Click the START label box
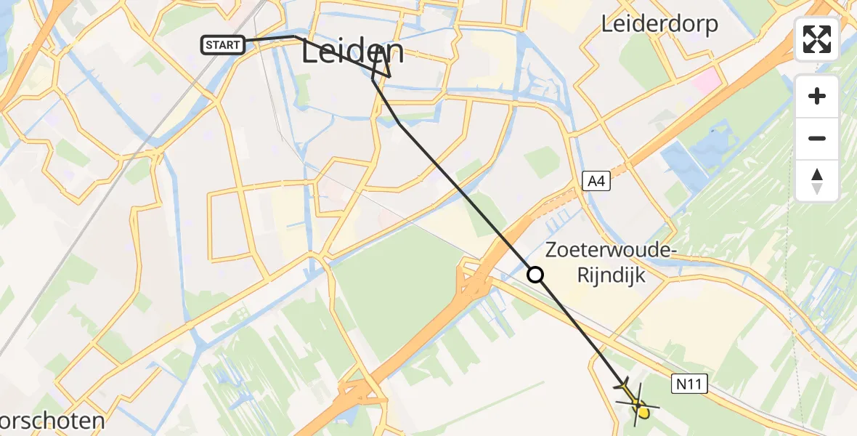[222, 46]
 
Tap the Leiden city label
[353, 53]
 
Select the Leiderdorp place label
[659, 24]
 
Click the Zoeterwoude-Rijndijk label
[596, 262]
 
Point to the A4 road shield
[596, 182]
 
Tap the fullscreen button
[817, 39]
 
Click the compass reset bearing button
[817, 180]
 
